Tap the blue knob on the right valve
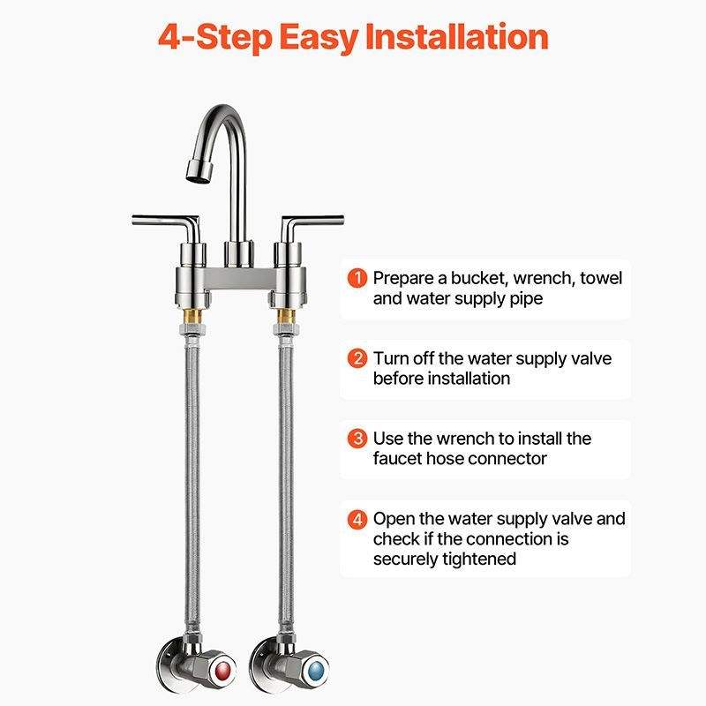click(x=316, y=672)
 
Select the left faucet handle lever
click(x=166, y=224)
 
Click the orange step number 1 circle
click(x=357, y=278)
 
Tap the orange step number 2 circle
click(x=357, y=358)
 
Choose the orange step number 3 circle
click(x=357, y=439)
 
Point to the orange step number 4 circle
click(x=357, y=519)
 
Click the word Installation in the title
click(x=456, y=36)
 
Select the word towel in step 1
click(x=601, y=278)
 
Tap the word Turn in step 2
click(x=390, y=359)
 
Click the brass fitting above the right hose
click(x=285, y=315)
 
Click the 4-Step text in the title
click(x=215, y=37)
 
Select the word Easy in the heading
click(x=319, y=38)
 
